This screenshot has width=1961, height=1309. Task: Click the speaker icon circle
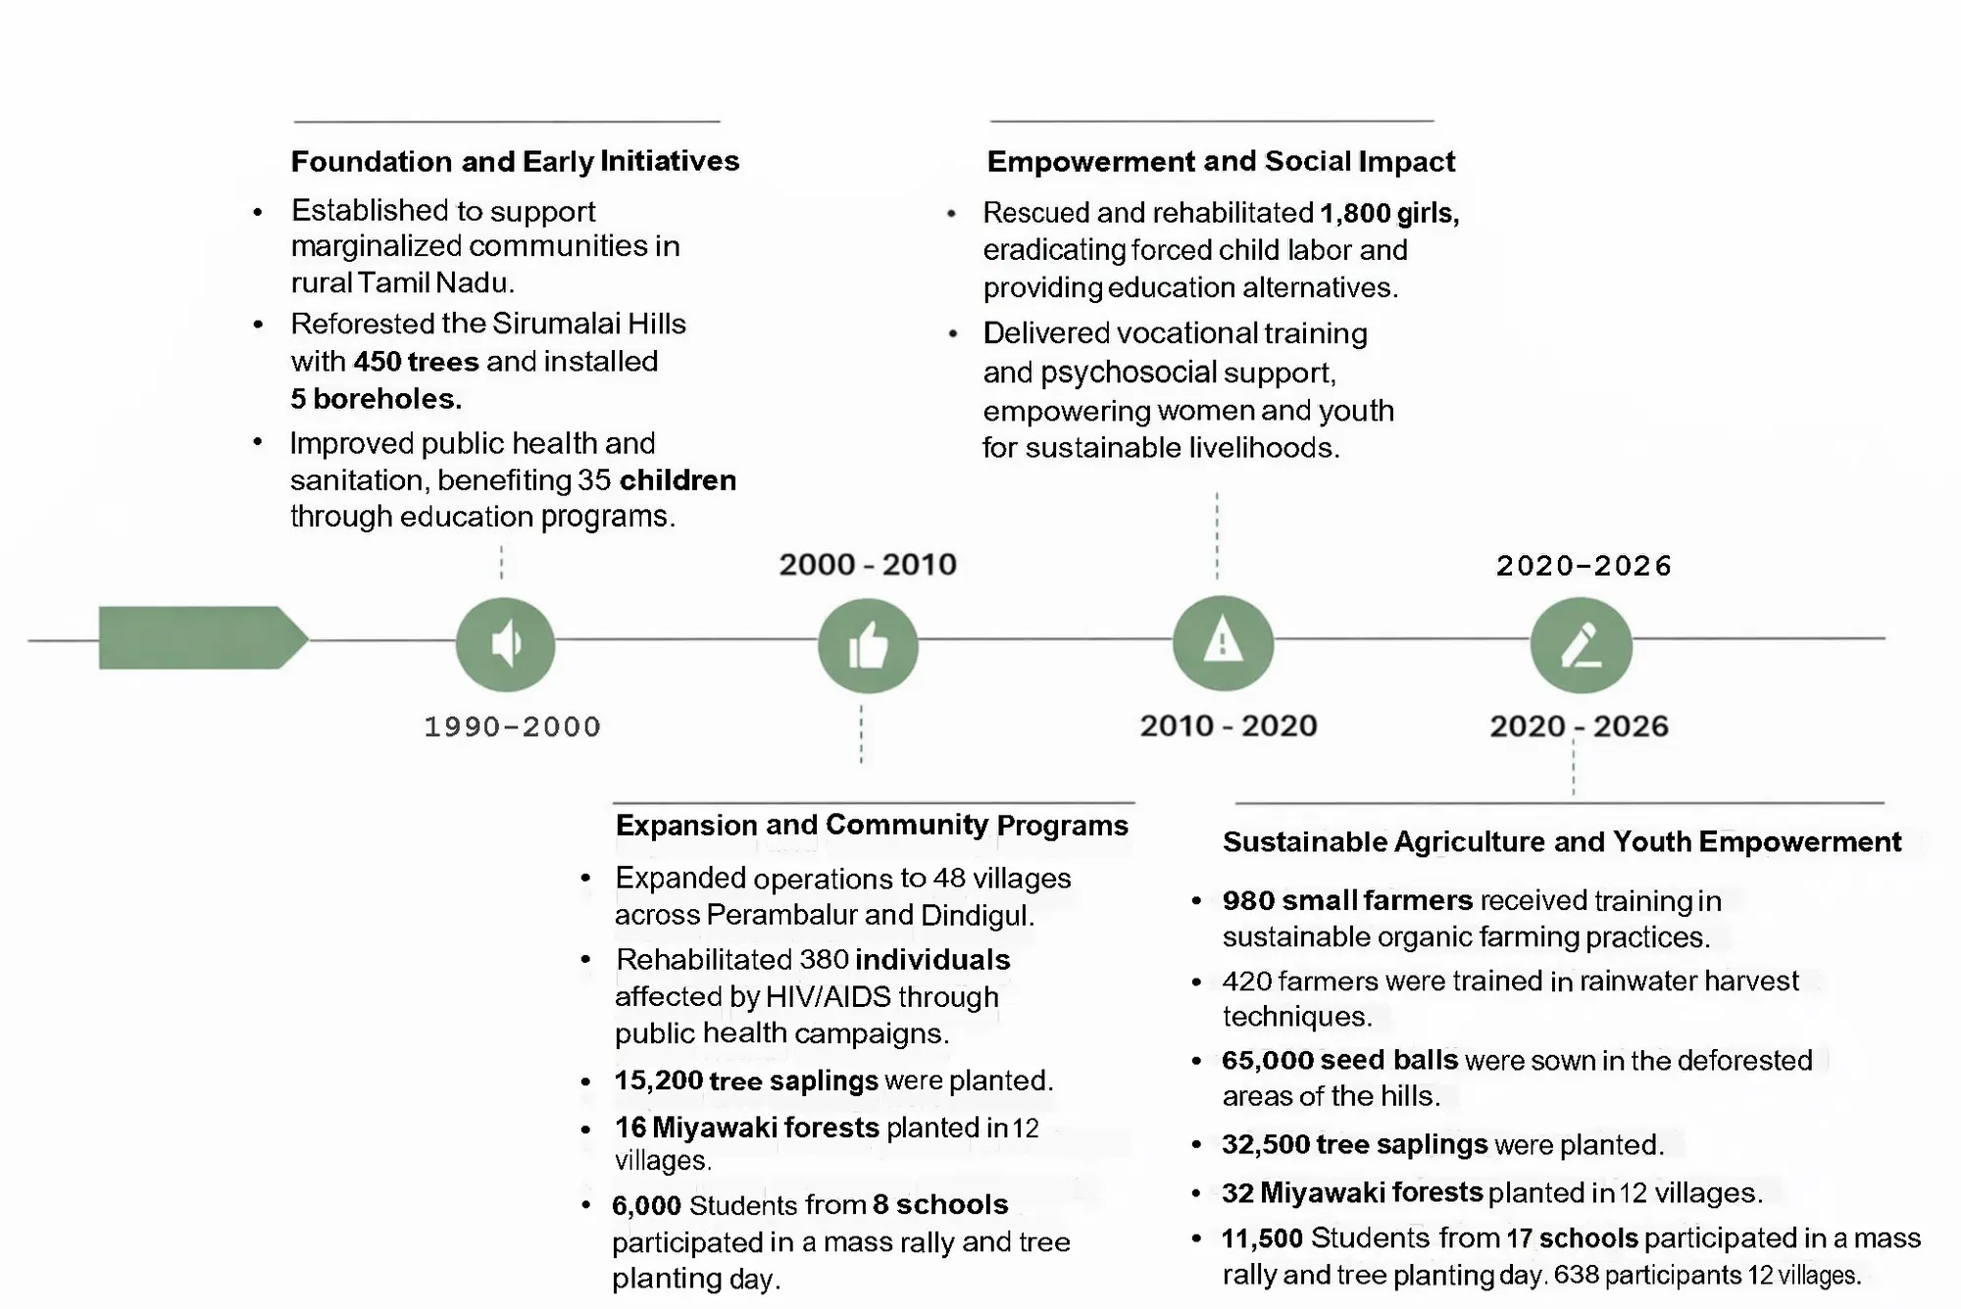pyautogui.click(x=505, y=644)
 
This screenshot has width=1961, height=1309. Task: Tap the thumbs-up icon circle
pyautogui.click(x=868, y=646)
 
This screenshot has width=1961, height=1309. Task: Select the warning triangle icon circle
pyautogui.click(x=1223, y=643)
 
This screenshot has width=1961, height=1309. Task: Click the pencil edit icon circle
pyautogui.click(x=1581, y=646)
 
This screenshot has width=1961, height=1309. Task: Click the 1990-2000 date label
pyautogui.click(x=512, y=727)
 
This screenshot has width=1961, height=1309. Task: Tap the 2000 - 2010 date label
pyautogui.click(x=868, y=565)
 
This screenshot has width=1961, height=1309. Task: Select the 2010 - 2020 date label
pyautogui.click(x=1229, y=726)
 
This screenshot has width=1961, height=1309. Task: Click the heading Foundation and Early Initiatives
pyautogui.click(x=515, y=161)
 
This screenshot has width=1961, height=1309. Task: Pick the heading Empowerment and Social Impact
pyautogui.click(x=1221, y=161)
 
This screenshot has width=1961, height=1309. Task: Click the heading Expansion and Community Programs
pyautogui.click(x=872, y=825)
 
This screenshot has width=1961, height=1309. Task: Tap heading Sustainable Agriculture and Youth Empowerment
pyautogui.click(x=1561, y=841)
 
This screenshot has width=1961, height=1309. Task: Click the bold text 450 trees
pyautogui.click(x=416, y=361)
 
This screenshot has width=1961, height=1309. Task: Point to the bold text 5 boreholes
pyautogui.click(x=376, y=398)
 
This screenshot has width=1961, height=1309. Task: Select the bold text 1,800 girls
pyautogui.click(x=1388, y=213)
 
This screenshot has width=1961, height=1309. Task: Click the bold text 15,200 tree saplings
pyautogui.click(x=746, y=1081)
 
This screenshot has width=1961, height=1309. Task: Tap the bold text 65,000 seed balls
pyautogui.click(x=1339, y=1060)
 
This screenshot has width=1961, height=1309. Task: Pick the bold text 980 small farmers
pyautogui.click(x=1347, y=900)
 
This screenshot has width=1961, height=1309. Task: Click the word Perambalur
pyautogui.click(x=780, y=915)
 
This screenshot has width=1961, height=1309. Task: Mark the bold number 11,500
pyautogui.click(x=1262, y=1238)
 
